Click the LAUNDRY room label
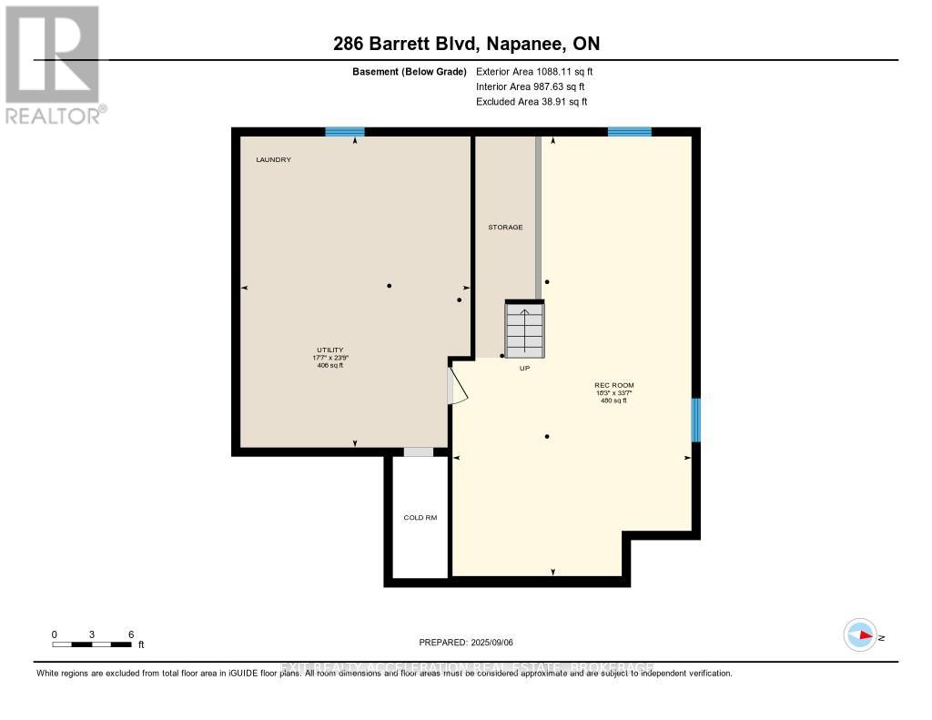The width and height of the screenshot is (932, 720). pyautogui.click(x=273, y=160)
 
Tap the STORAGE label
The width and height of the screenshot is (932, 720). pyautogui.click(x=505, y=227)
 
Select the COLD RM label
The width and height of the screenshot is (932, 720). pyautogui.click(x=420, y=518)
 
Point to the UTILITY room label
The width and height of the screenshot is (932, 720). pyautogui.click(x=329, y=350)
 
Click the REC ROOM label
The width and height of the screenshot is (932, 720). pyautogui.click(x=613, y=385)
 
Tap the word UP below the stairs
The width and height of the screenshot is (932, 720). pyautogui.click(x=524, y=369)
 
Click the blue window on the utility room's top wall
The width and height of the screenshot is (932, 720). pyautogui.click(x=345, y=132)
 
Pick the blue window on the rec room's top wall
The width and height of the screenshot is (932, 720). pyautogui.click(x=629, y=132)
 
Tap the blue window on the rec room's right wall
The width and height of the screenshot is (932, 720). pyautogui.click(x=695, y=420)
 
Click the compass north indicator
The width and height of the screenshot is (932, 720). pyautogui.click(x=861, y=635)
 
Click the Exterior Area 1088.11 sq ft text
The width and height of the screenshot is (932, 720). pyautogui.click(x=534, y=71)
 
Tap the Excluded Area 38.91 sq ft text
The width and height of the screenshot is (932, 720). pyautogui.click(x=532, y=102)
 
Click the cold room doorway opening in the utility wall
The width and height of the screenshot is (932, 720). pyautogui.click(x=419, y=452)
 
